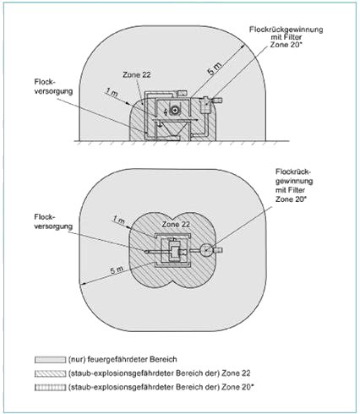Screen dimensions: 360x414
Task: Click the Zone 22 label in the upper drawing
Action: click(x=137, y=75)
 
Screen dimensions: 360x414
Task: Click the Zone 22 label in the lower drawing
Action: click(x=176, y=225)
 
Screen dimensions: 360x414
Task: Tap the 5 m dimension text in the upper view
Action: click(x=215, y=68)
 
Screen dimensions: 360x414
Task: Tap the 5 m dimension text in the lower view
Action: click(x=117, y=270)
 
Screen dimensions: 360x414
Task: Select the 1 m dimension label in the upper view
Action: click(x=112, y=92)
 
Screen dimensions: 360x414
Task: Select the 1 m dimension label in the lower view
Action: click(x=119, y=220)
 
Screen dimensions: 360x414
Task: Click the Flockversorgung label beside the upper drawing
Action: click(x=53, y=87)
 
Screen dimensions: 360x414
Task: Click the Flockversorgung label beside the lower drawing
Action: click(x=53, y=221)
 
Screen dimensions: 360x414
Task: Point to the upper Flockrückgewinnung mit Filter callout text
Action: click(x=286, y=37)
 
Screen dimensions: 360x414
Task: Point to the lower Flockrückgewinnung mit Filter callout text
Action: click(x=294, y=185)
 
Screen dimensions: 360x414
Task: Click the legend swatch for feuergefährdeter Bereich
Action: click(x=50, y=360)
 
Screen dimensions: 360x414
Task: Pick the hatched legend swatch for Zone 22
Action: click(x=50, y=373)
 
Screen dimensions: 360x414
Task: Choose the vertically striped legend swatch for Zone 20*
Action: click(x=50, y=387)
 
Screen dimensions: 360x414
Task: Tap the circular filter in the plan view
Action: click(x=206, y=250)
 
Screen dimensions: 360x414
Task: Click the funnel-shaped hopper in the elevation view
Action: click(x=172, y=130)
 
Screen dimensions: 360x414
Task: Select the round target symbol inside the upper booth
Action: click(x=176, y=110)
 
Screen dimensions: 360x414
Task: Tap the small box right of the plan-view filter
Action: click(x=218, y=250)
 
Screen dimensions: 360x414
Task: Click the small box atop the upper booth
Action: click(x=182, y=93)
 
